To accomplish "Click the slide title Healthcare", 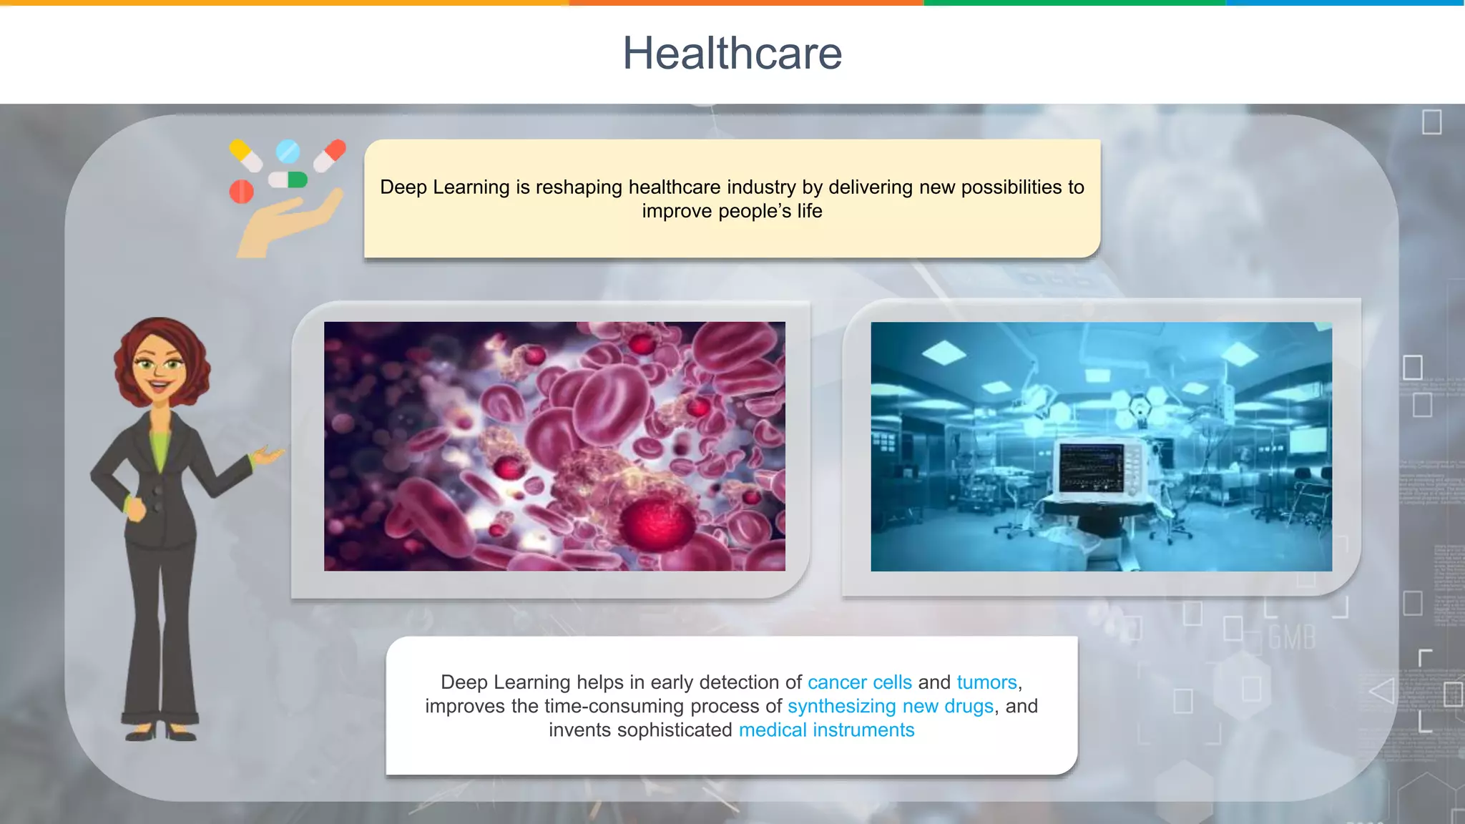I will click(x=732, y=54).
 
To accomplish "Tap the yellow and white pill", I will click(x=245, y=155).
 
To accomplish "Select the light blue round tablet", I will click(x=288, y=151).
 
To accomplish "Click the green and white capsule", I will click(x=288, y=180).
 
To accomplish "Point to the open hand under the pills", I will click(x=286, y=222).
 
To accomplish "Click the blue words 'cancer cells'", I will click(x=859, y=682).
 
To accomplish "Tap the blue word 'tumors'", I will click(x=986, y=682).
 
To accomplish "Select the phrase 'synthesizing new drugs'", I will click(x=891, y=706).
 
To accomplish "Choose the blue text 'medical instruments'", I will click(x=826, y=730).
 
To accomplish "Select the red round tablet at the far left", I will click(x=241, y=192).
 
